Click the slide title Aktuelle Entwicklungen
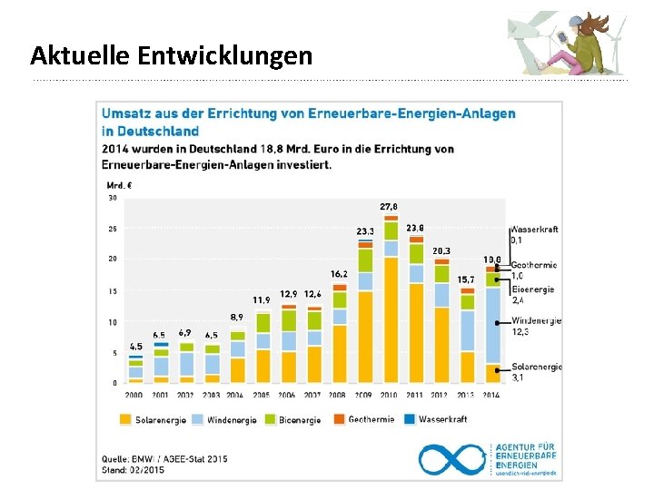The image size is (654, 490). [171, 56]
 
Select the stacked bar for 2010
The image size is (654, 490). [391, 299]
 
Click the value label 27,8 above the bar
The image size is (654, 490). [389, 207]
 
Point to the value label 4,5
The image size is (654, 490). [135, 347]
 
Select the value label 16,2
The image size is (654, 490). [339, 273]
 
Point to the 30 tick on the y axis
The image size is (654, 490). [113, 197]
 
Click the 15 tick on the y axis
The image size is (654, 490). [113, 291]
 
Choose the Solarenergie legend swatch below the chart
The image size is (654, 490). [127, 419]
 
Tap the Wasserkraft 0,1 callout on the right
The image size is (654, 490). [534, 235]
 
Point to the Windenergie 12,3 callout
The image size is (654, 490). [536, 327]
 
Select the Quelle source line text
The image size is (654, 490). [163, 459]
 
